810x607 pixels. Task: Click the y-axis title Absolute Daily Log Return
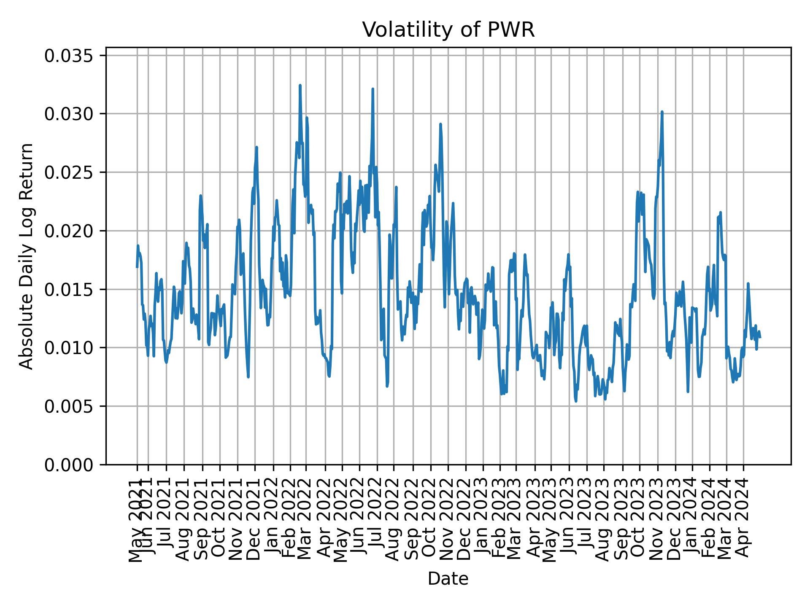coord(27,256)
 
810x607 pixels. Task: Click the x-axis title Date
coord(448,579)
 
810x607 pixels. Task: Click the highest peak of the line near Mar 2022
coord(300,86)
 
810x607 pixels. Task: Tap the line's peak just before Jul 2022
coord(373,89)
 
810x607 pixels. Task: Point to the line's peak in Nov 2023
coord(662,112)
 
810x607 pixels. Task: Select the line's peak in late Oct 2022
coord(440,124)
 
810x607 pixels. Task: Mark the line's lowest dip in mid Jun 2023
coord(576,400)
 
